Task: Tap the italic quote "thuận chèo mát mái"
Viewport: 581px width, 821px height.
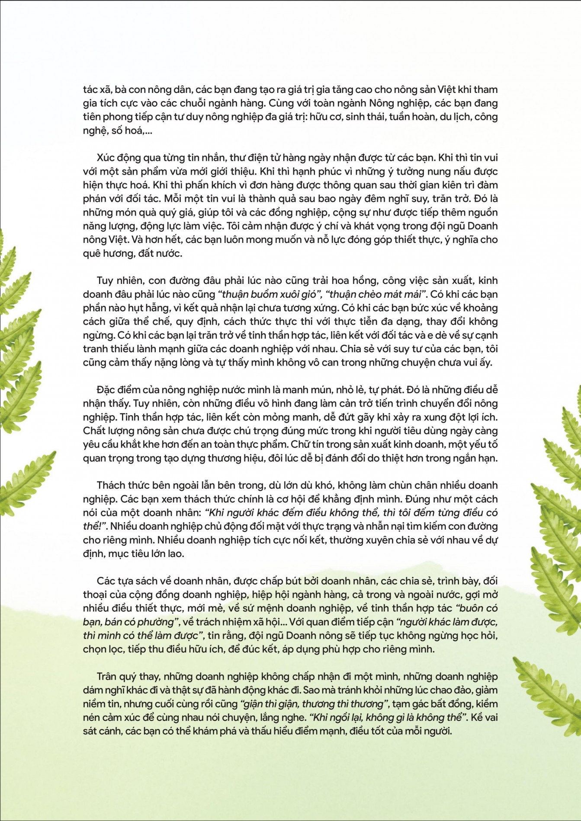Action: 376,294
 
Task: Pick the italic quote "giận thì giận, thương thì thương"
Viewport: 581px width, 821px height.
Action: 313,704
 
